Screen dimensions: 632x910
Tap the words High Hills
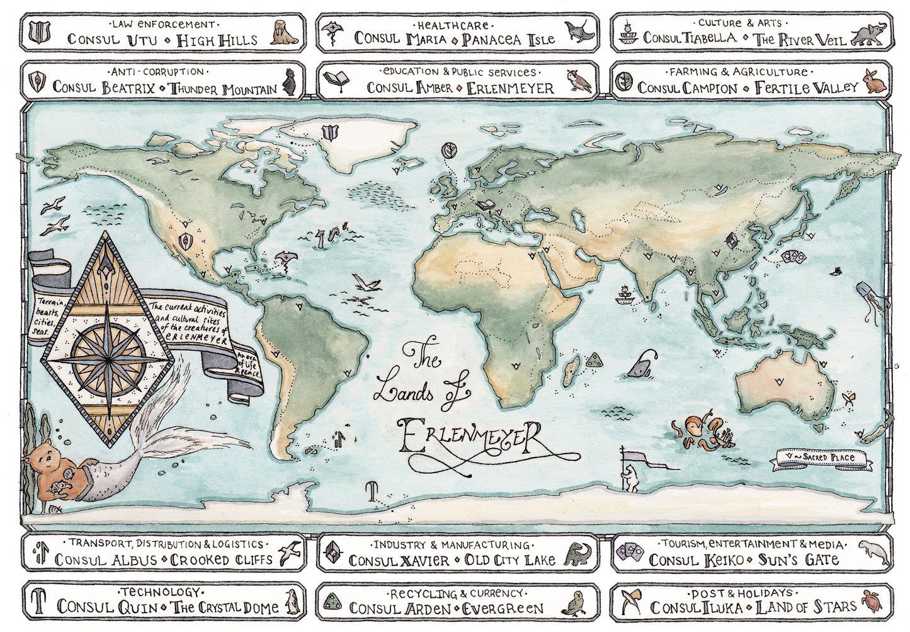pos(217,40)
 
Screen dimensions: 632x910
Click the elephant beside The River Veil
pos(870,34)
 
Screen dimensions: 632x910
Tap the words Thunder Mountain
pos(224,89)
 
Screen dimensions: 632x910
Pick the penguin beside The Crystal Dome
pos(291,603)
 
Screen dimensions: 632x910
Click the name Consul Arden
pos(401,608)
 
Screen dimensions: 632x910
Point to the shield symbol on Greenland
pos(329,133)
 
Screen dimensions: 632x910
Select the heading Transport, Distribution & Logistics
pos(166,543)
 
